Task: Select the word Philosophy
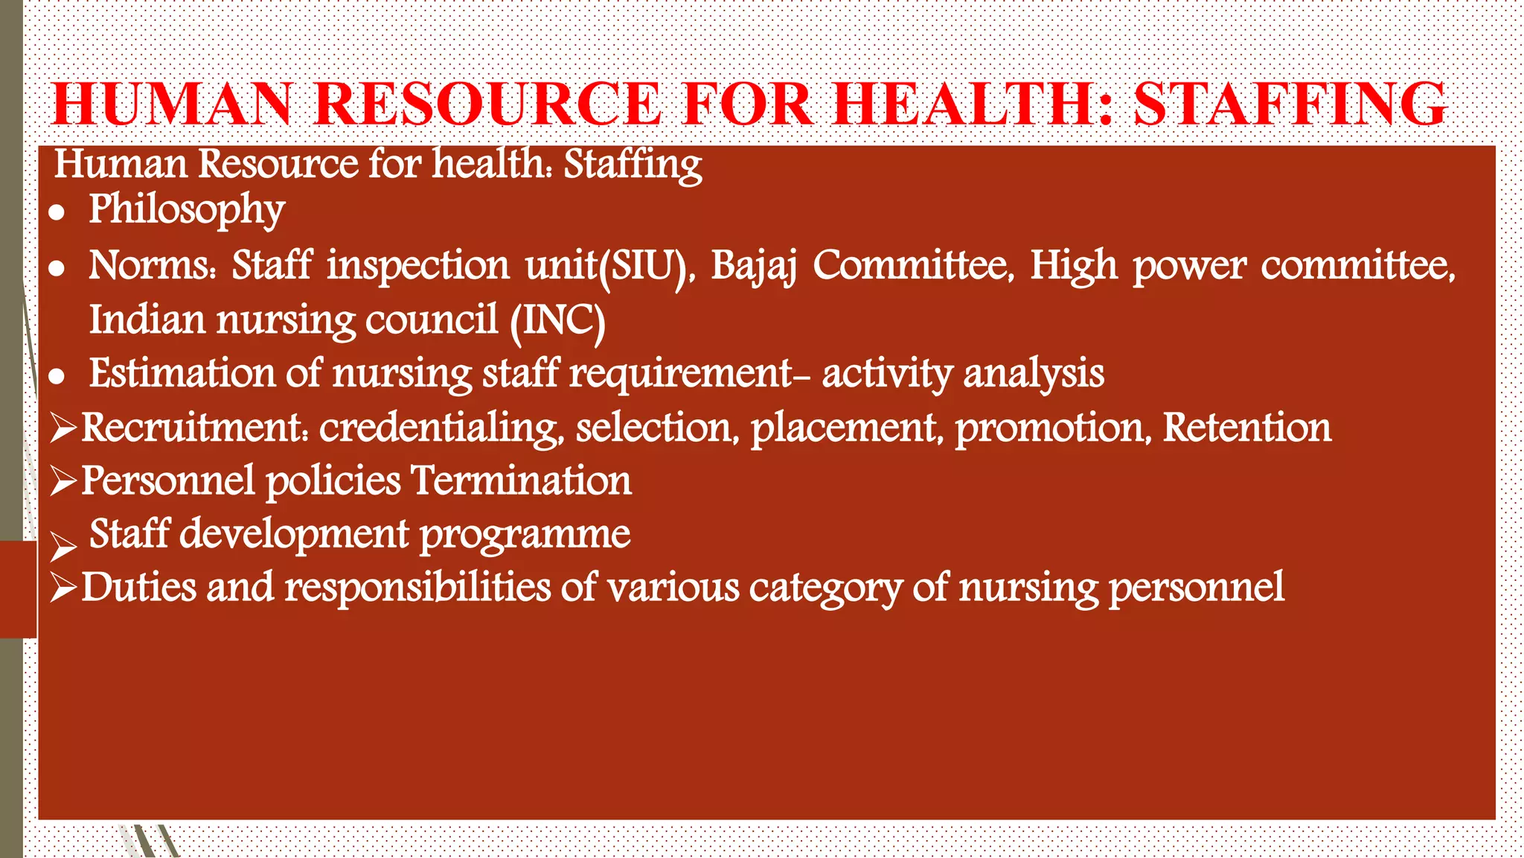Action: pos(187,210)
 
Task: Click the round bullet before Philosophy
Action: pos(57,213)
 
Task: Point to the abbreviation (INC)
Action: pos(558,321)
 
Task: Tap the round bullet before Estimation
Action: pos(57,376)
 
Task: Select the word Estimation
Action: pos(182,373)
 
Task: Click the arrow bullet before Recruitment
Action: pos(64,429)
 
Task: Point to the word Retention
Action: pos(1246,428)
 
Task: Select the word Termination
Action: pos(521,481)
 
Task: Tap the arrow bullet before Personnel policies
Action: pos(64,483)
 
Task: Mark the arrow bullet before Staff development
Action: pos(64,547)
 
